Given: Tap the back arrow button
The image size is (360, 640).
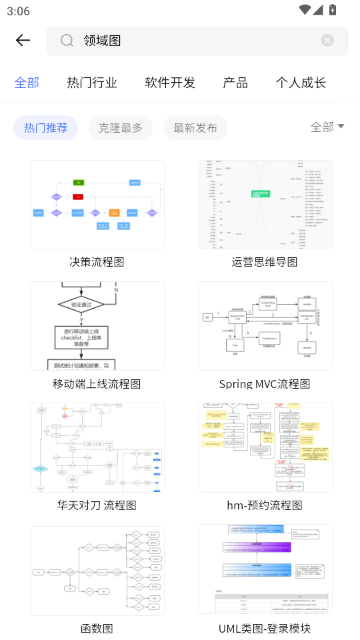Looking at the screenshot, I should pyautogui.click(x=23, y=41).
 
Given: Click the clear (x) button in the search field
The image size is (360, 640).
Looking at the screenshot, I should pyautogui.click(x=327, y=41).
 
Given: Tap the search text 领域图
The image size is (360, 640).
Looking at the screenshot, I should pyautogui.click(x=102, y=41).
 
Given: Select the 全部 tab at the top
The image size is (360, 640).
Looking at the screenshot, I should pyautogui.click(x=27, y=83).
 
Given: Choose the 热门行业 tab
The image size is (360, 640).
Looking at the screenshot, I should pyautogui.click(x=92, y=83).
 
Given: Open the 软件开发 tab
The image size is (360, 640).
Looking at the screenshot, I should pyautogui.click(x=170, y=83).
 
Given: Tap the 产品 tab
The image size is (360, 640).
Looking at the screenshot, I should pyautogui.click(x=235, y=83).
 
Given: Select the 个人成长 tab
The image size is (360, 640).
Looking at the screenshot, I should pyautogui.click(x=301, y=83).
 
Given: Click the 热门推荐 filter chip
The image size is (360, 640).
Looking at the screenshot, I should pyautogui.click(x=46, y=127).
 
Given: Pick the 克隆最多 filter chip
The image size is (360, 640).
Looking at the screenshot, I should pyautogui.click(x=121, y=127).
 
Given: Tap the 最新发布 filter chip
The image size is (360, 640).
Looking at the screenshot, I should pyautogui.click(x=195, y=127).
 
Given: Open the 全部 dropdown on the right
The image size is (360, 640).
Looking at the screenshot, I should pyautogui.click(x=327, y=127).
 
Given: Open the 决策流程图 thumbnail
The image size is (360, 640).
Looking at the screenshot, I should pyautogui.click(x=97, y=204).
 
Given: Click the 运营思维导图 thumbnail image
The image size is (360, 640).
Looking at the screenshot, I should pyautogui.click(x=265, y=204).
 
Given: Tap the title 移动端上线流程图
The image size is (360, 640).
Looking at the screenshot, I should pyautogui.click(x=97, y=383).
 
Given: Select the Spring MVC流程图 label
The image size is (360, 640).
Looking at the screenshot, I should pyautogui.click(x=265, y=383).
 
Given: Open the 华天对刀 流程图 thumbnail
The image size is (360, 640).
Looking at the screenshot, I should pyautogui.click(x=97, y=448).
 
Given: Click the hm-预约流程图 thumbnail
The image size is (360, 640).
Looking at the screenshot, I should pyautogui.click(x=265, y=448).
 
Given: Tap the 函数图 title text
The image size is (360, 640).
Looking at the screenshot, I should pyautogui.click(x=97, y=628).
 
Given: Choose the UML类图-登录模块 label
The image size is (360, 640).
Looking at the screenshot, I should pyautogui.click(x=265, y=628).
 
